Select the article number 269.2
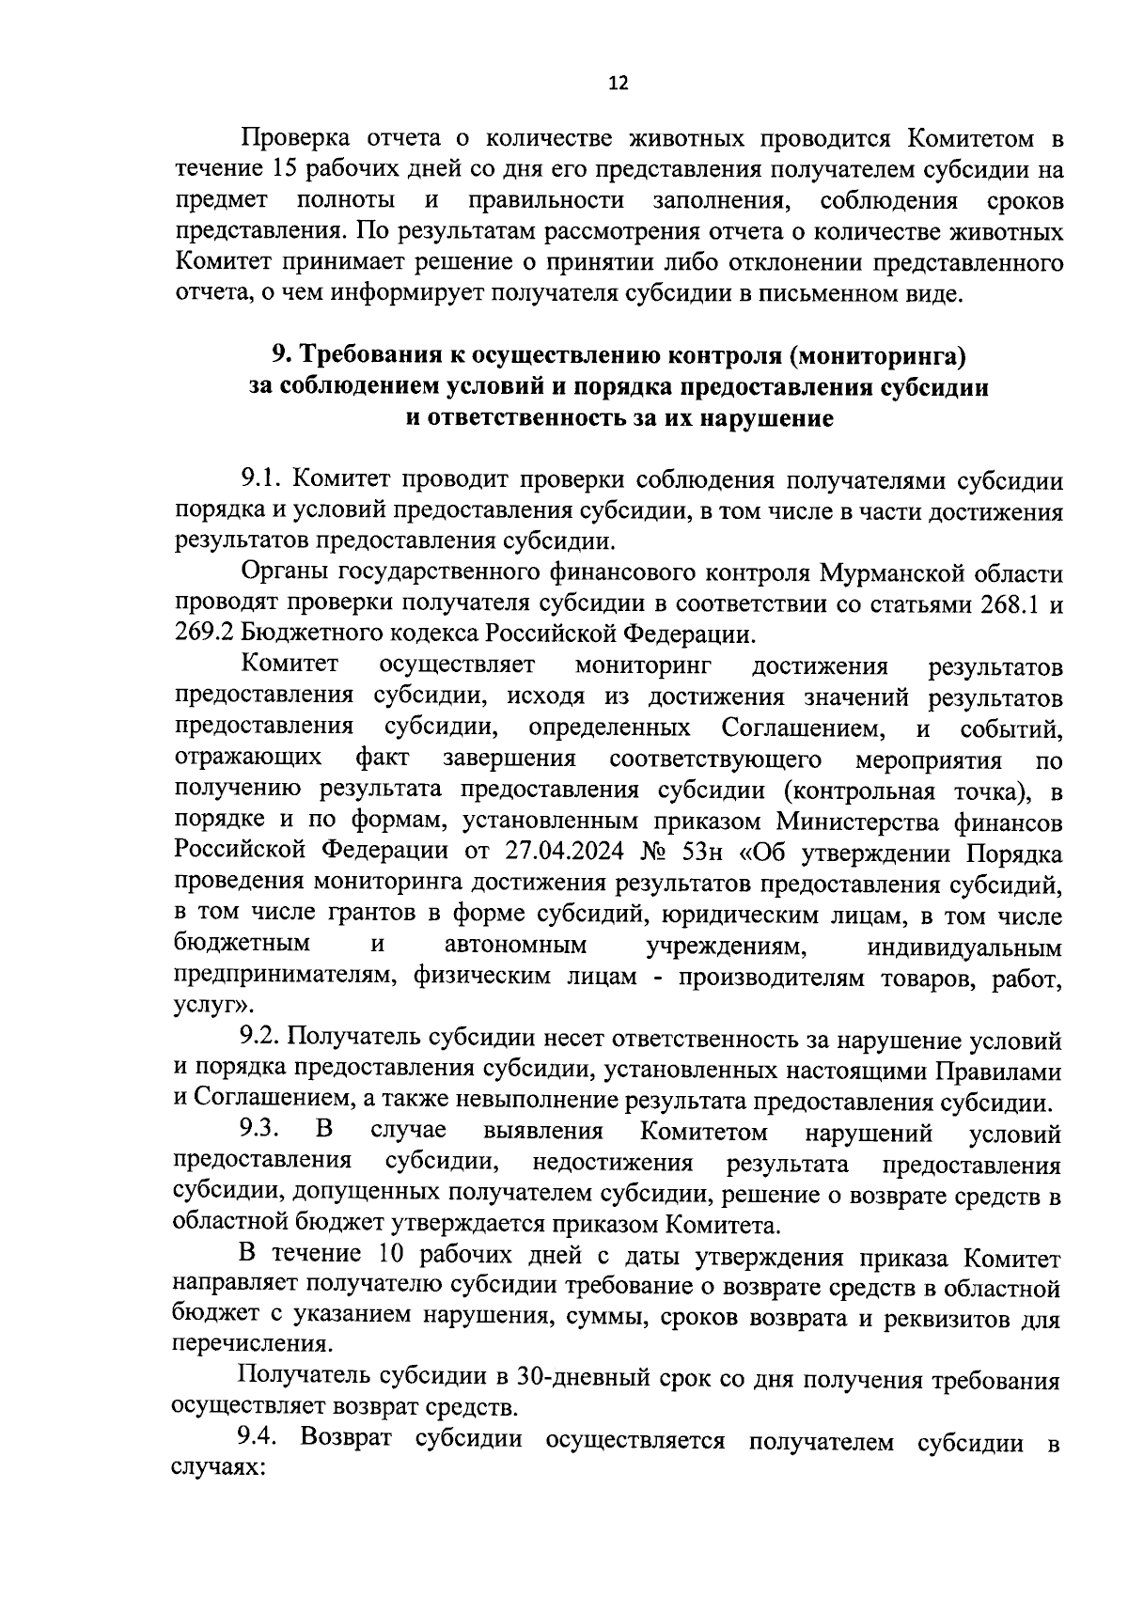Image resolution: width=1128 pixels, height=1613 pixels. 202,634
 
